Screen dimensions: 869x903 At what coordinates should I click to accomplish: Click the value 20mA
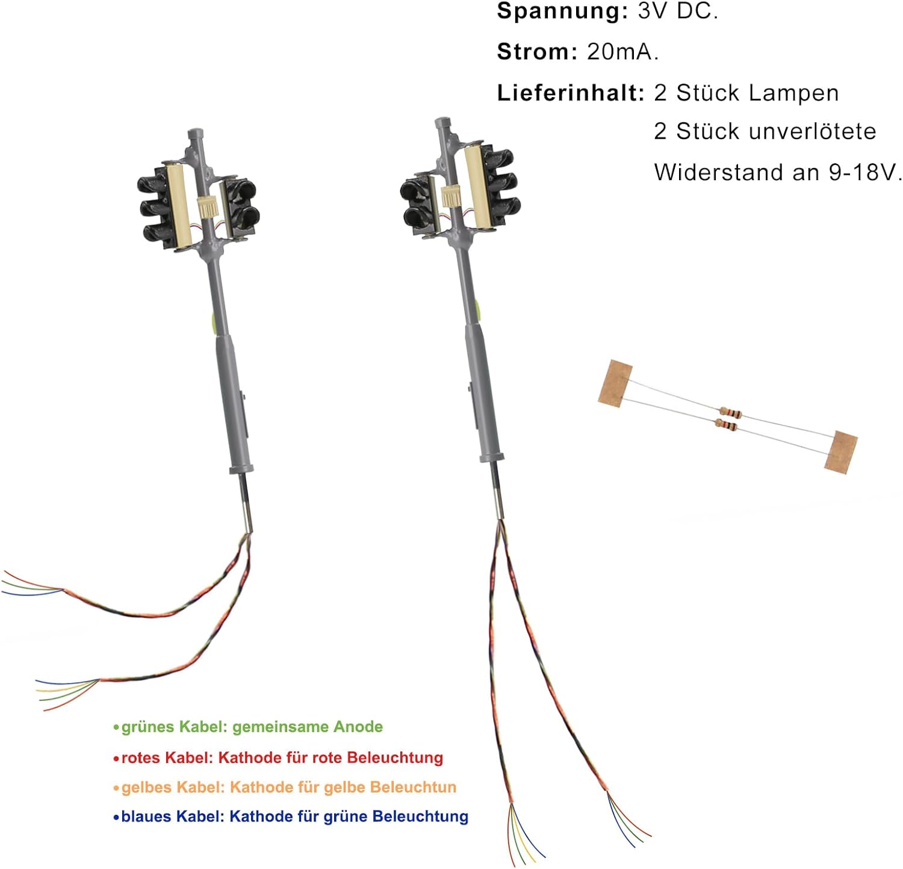pyautogui.click(x=622, y=52)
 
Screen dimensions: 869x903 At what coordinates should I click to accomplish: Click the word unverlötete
pyautogui.click(x=776, y=131)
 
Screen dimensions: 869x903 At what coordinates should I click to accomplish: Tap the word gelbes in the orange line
pyautogui.click(x=143, y=788)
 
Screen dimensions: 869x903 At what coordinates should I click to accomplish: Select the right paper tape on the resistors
pyautogui.click(x=840, y=452)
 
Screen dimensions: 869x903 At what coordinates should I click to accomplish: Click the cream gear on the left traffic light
pyautogui.click(x=206, y=207)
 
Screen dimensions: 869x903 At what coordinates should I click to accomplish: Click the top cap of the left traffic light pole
pyautogui.click(x=195, y=134)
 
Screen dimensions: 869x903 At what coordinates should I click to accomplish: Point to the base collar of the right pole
pyautogui.click(x=491, y=456)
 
